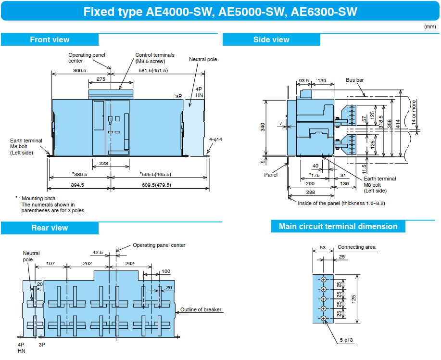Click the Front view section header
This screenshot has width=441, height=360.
[50, 39]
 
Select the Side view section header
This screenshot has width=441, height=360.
[271, 39]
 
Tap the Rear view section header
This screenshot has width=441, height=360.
[50, 228]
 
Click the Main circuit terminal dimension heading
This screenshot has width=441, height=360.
[338, 226]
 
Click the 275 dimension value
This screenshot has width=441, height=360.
[101, 79]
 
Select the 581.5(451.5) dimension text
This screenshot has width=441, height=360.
[153, 71]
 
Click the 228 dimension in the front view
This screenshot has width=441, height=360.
[103, 164]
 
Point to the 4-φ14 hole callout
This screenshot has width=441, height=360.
[216, 140]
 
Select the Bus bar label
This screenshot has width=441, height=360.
[354, 80]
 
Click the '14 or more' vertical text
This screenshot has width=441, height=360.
[414, 113]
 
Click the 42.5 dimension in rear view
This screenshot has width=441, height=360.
[98, 252]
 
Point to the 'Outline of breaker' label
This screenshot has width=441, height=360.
[201, 309]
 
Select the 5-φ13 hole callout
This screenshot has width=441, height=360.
[346, 340]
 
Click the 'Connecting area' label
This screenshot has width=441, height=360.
[356, 247]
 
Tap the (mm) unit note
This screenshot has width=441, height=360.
[429, 27]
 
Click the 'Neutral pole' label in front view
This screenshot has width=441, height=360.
[203, 59]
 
